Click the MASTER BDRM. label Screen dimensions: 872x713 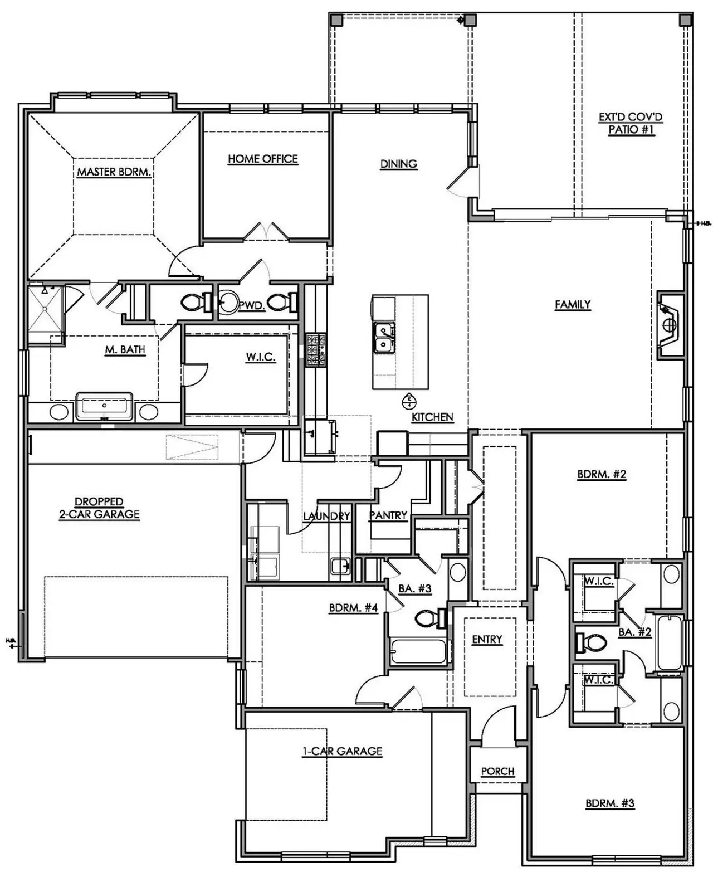tap(114, 172)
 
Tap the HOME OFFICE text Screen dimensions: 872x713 tap(263, 159)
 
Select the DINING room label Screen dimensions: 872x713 tap(399, 164)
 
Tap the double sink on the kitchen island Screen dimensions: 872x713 tap(384, 339)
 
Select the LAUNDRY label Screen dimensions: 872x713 tap(326, 517)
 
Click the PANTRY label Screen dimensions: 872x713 tap(388, 515)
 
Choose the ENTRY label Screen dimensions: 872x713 tap(487, 640)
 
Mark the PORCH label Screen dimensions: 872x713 tap(497, 771)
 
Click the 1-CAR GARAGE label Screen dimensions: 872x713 tap(342, 751)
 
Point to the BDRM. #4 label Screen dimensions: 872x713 tap(353, 608)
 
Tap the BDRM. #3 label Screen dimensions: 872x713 tap(610, 803)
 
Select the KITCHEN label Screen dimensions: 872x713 tap(432, 417)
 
